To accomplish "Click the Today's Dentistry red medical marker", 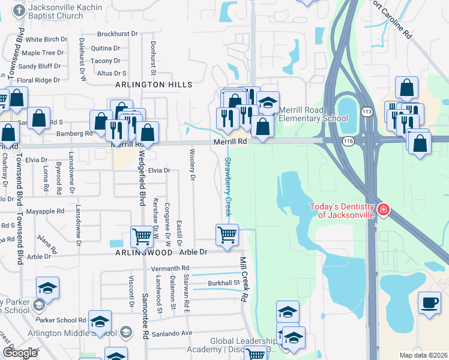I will pos(383,211).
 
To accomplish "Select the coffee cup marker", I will pos(429,302).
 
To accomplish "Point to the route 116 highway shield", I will pos(348,140).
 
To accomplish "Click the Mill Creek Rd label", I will pos(244,280).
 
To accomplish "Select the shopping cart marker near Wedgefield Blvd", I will pos(142,236).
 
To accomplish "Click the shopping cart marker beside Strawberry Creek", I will pos(227,234).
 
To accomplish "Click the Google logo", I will pos(20,352).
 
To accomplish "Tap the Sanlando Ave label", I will pos(172,333).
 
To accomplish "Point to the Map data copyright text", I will pos(423,355).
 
